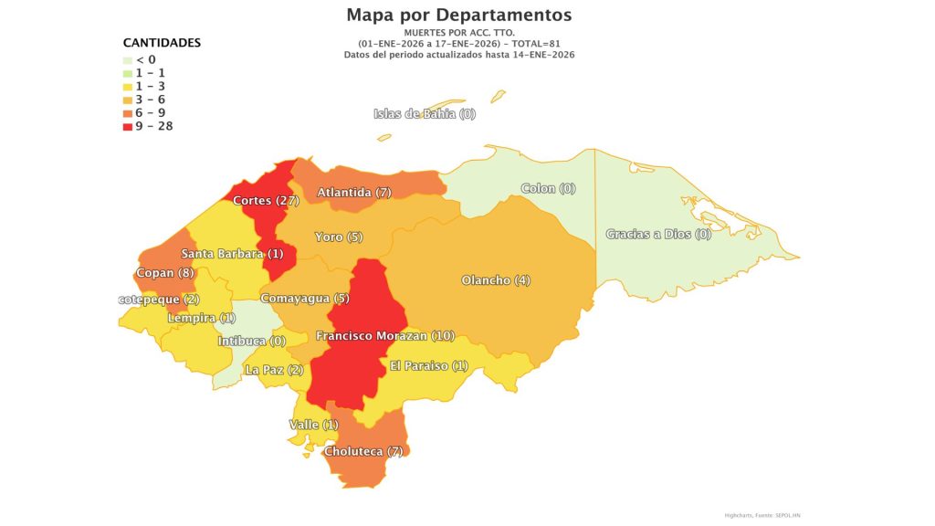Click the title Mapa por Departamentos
point(459,16)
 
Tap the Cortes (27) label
point(266,201)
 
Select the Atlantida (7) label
point(354,193)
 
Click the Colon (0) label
point(549,189)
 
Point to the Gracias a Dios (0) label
point(658,235)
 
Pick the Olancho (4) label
point(496,280)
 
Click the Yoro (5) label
point(339,237)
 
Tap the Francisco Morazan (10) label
point(385,336)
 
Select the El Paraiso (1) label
point(429,366)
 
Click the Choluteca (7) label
point(363,451)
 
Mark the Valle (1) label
point(313,426)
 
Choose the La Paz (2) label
point(274,371)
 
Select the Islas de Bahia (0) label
point(425,114)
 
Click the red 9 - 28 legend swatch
point(129,126)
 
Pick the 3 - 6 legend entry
point(150,100)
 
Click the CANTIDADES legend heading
point(162,43)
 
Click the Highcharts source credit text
point(762,515)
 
